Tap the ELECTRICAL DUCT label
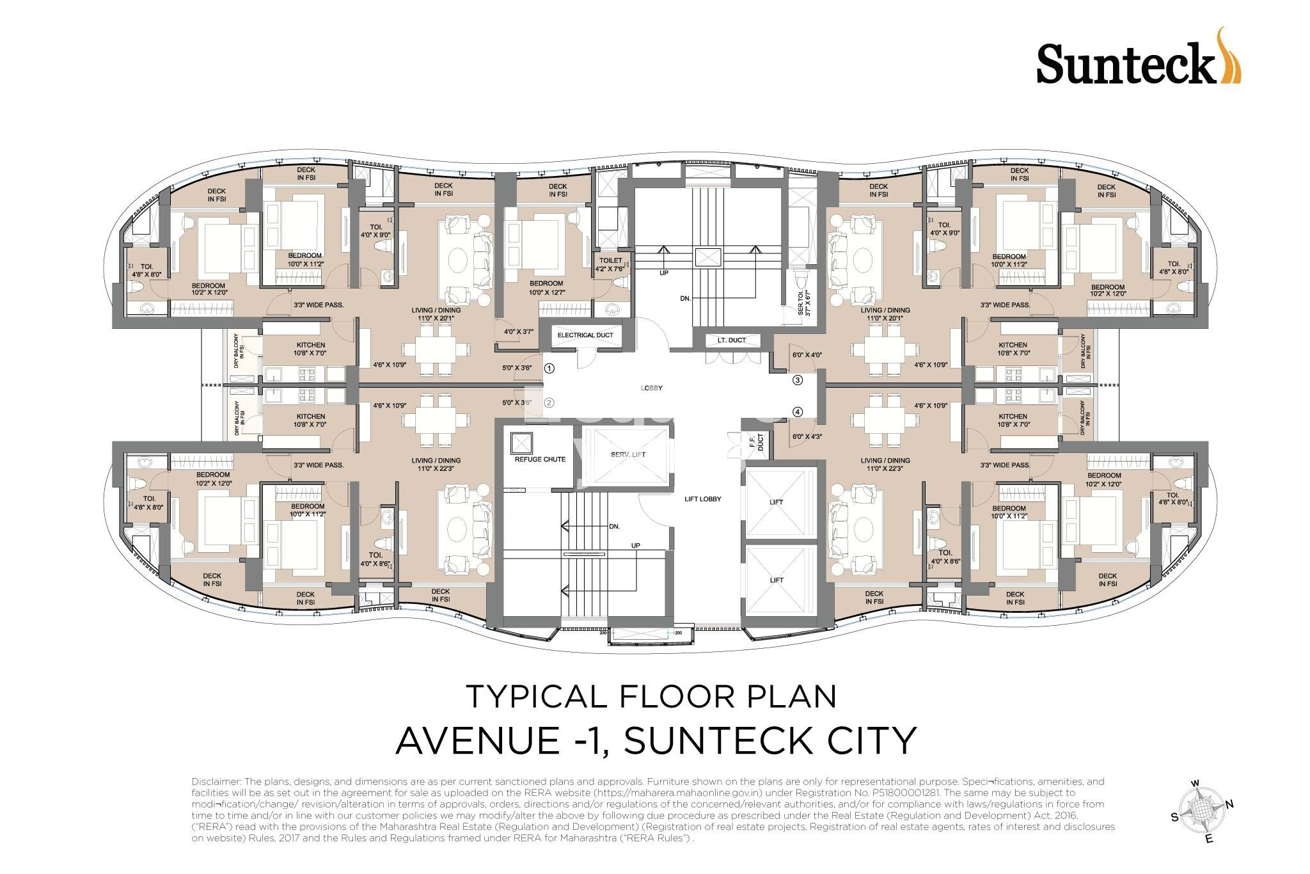click(585, 335)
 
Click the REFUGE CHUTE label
click(540, 459)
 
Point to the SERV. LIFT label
click(628, 454)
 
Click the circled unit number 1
click(549, 369)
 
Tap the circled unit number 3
click(797, 380)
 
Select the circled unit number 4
click(797, 412)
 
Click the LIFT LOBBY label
click(702, 498)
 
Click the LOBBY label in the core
click(652, 388)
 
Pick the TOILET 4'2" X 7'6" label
click(610, 264)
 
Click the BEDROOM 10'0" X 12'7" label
click(546, 288)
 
